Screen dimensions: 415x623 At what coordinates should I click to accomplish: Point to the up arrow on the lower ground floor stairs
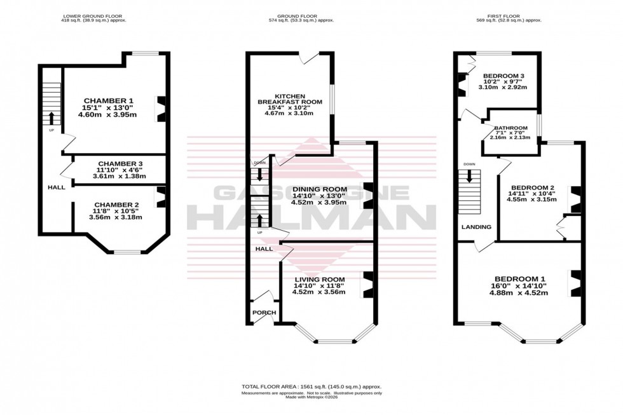(x=51, y=118)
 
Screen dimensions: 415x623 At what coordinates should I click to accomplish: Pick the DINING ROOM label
(x=319, y=189)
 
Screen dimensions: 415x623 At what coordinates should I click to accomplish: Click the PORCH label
(x=264, y=312)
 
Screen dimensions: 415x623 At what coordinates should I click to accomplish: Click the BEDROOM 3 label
(x=502, y=74)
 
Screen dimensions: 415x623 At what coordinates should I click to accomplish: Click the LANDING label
(x=476, y=227)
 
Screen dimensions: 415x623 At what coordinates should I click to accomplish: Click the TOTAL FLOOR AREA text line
(x=311, y=386)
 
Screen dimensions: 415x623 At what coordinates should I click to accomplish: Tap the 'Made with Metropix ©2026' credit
(x=311, y=398)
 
